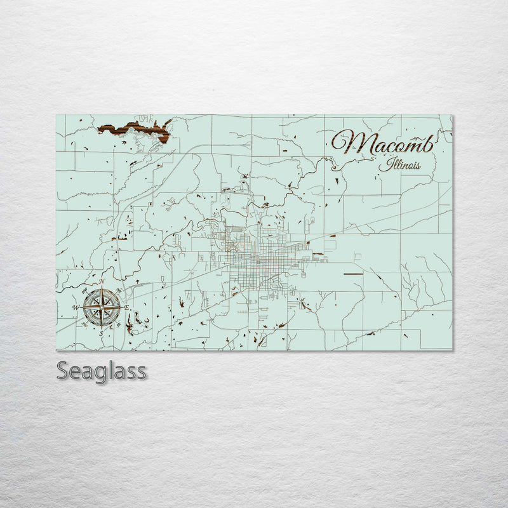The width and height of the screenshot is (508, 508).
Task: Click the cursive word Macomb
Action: click(x=383, y=142)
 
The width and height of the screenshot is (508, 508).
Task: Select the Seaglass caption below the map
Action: click(x=102, y=370)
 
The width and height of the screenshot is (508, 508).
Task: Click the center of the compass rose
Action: click(x=102, y=307)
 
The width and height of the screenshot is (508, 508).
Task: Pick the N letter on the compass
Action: click(x=102, y=281)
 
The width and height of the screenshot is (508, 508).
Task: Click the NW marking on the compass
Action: click(x=85, y=290)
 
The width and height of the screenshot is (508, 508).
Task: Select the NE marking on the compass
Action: click(x=119, y=290)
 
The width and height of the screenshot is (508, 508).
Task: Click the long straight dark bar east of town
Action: click(x=352, y=272)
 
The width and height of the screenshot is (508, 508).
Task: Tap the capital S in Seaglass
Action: click(x=63, y=370)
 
